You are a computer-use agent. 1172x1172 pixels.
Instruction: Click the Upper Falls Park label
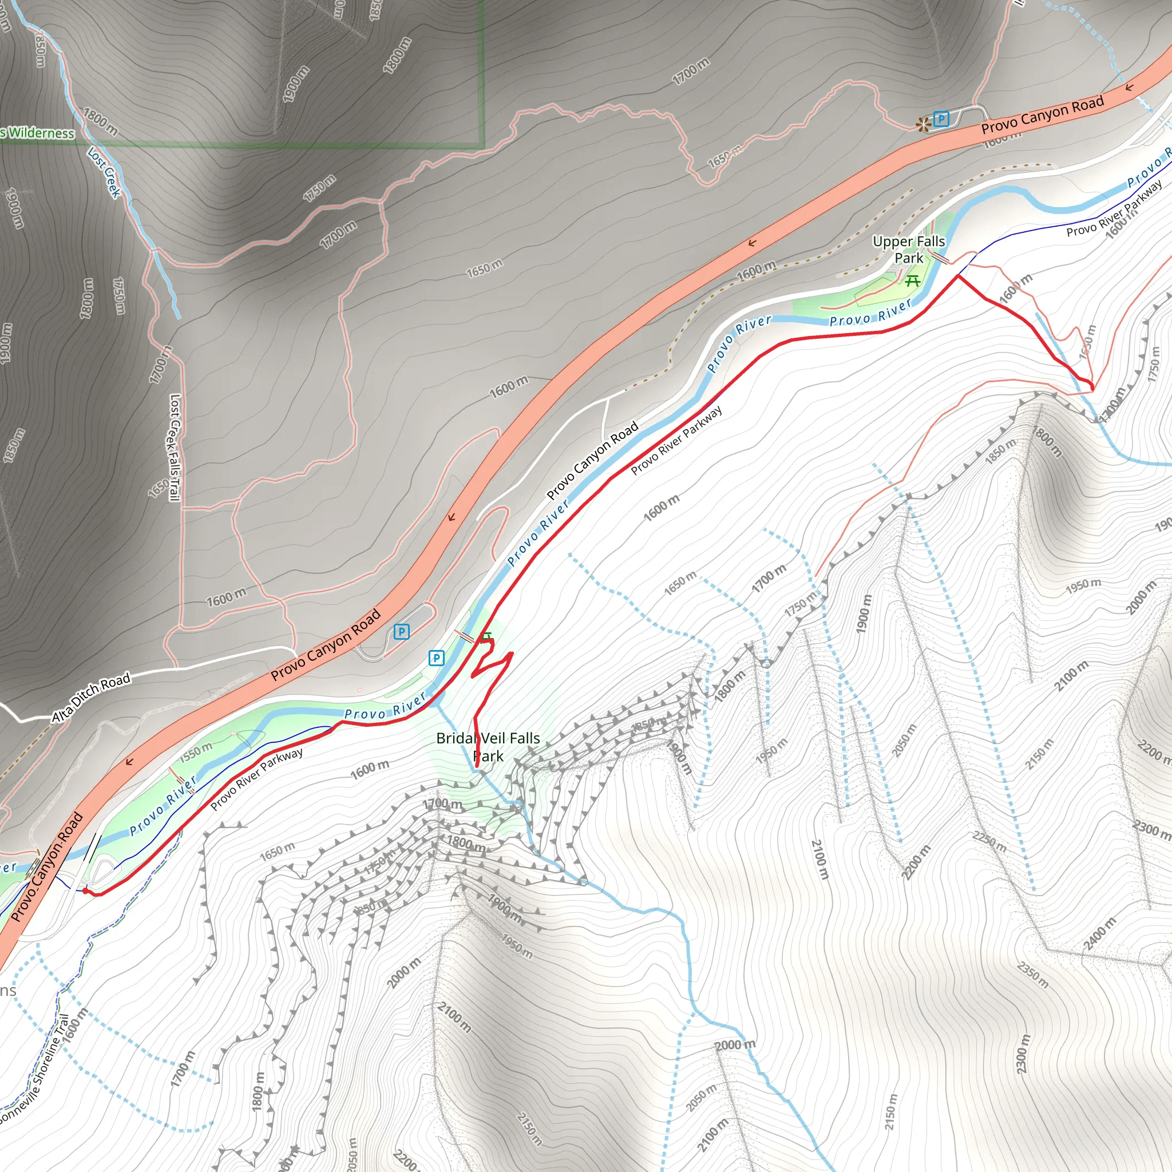908,250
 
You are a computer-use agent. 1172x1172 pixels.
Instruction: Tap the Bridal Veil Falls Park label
488,747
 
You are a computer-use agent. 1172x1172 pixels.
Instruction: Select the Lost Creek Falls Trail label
175,448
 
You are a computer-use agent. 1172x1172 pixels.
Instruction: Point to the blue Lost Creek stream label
104,172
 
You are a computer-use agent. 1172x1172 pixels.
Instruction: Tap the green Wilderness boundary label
38,133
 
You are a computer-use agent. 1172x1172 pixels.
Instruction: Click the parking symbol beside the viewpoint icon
941,119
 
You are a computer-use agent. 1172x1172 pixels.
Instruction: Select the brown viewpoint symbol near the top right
923,125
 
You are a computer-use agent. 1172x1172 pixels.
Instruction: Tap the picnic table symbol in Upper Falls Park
912,280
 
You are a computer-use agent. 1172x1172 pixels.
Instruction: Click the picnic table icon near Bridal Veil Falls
486,636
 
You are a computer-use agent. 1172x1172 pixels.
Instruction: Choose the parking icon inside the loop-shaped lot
402,632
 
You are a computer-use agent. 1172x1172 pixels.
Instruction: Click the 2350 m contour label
1033,974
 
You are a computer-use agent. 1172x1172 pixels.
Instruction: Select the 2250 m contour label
989,841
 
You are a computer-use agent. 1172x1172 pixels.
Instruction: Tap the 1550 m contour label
196,751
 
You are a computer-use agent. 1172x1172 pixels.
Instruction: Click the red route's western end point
85,890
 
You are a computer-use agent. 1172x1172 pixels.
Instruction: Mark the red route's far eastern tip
1092,388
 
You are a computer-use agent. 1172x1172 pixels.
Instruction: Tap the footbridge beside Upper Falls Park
941,259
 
